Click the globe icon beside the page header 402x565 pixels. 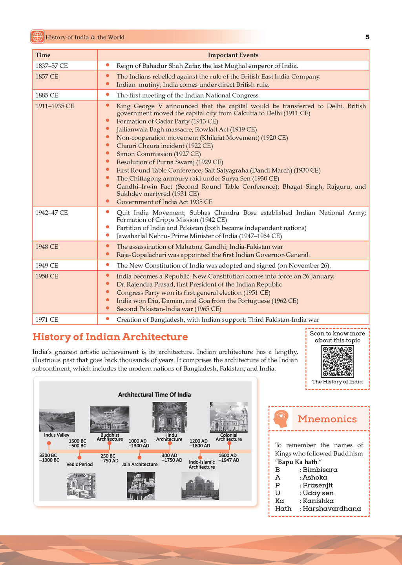(37, 37)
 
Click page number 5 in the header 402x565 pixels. (367, 37)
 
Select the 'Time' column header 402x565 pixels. (43, 55)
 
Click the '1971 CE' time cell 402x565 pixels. (47, 320)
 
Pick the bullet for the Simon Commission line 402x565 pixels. (108, 153)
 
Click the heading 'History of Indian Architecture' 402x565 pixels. (110, 337)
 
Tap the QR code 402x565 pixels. (337, 361)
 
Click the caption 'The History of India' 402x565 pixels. (337, 382)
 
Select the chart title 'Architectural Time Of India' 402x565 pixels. (154, 395)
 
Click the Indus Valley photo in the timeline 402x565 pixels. (57, 420)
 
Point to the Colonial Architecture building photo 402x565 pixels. (228, 417)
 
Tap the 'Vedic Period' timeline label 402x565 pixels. (80, 465)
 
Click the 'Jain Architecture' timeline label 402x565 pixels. (139, 465)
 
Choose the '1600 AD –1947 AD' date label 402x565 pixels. (228, 458)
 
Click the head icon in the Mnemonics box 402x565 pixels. (281, 419)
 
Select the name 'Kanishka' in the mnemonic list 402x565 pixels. (318, 501)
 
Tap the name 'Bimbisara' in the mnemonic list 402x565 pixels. (320, 470)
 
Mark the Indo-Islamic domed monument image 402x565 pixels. (200, 486)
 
